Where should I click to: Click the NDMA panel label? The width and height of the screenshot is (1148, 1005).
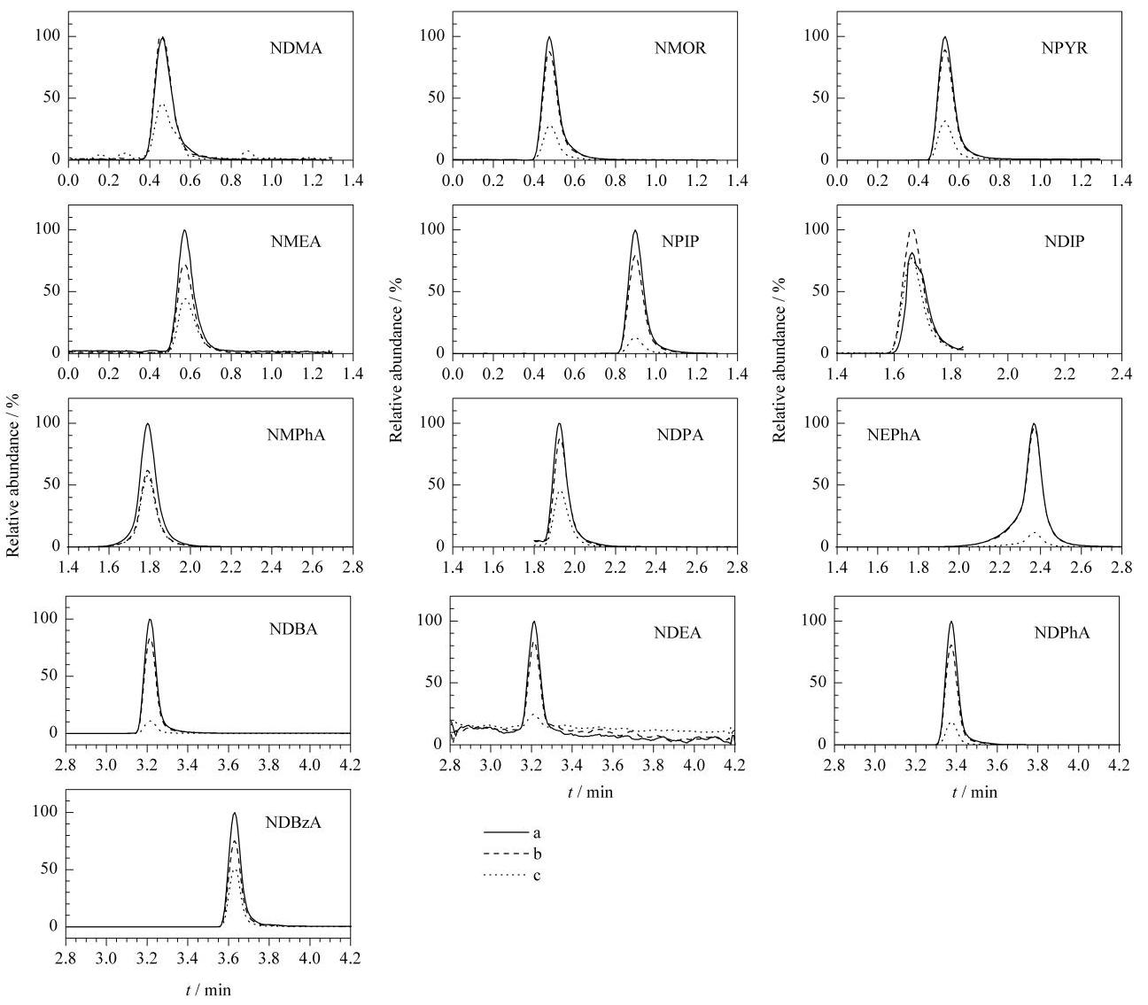[296, 48]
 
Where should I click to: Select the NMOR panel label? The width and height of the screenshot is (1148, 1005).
[680, 48]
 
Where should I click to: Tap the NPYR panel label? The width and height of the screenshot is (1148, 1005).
[1065, 48]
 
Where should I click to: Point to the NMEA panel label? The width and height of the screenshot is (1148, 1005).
[296, 242]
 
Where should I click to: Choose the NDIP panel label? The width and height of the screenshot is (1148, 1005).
[1065, 242]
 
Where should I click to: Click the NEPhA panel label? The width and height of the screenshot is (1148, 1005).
[893, 435]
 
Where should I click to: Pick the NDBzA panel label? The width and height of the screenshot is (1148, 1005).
[293, 823]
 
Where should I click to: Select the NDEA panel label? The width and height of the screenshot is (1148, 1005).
[678, 633]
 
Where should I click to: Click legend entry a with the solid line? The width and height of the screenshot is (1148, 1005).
[512, 833]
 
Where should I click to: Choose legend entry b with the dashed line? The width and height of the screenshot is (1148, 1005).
[512, 854]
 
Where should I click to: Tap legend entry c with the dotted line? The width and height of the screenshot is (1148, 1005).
[512, 876]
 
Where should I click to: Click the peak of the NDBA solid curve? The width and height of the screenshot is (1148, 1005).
[150, 620]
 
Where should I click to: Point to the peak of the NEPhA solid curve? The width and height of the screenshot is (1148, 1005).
[1034, 424]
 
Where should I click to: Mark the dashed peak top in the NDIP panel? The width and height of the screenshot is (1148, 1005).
[912, 229]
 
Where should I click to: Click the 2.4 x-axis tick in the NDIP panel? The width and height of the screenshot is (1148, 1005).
[1121, 374]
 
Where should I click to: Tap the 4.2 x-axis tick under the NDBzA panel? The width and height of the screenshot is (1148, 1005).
[351, 958]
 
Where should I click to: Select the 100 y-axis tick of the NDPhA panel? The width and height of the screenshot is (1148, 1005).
[815, 621]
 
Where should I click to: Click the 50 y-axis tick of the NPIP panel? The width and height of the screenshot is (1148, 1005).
[436, 291]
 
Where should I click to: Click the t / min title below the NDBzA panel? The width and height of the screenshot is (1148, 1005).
[208, 991]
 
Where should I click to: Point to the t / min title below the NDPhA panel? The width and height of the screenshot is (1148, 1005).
[975, 792]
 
